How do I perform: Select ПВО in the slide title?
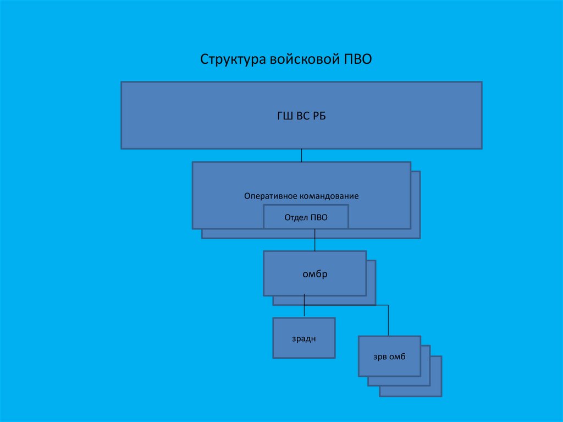358,59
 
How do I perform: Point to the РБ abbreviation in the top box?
319,116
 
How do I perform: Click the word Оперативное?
271,196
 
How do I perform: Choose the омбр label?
315,273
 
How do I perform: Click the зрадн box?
304,338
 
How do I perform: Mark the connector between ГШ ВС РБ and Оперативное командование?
301,155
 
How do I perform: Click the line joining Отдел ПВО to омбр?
314,240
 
